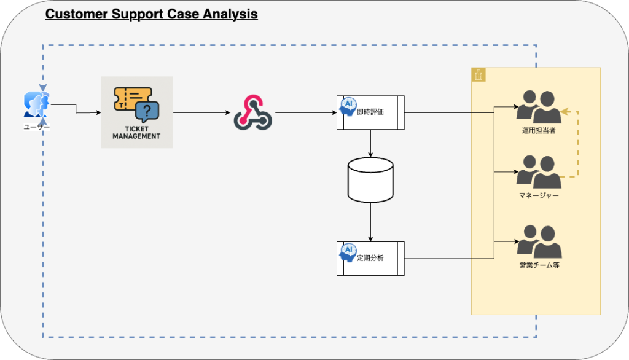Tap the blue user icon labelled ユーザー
click(x=36, y=104)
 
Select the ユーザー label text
click(x=36, y=127)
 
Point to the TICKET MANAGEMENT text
click(x=136, y=133)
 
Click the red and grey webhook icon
click(x=253, y=112)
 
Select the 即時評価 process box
click(x=370, y=112)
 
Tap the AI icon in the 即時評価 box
click(x=348, y=106)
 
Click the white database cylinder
click(x=370, y=180)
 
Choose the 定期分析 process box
click(x=370, y=259)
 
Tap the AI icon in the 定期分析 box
click(x=348, y=252)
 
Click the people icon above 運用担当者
click(x=539, y=107)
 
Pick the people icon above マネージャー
click(x=539, y=172)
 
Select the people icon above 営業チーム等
click(x=539, y=241)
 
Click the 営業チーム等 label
click(x=539, y=265)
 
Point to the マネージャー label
click(x=539, y=195)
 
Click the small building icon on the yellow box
click(x=479, y=75)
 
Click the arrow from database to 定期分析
click(x=370, y=222)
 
